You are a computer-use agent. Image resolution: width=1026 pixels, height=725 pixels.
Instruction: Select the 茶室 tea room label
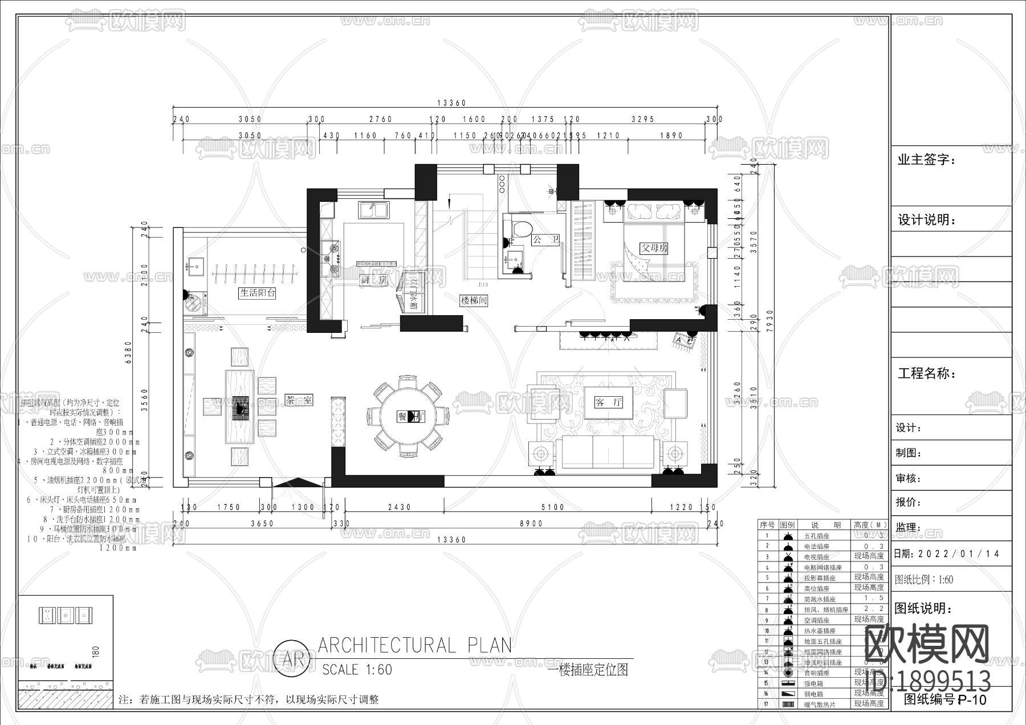[299, 401]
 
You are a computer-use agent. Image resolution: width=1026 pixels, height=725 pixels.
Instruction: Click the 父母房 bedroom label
[654, 249]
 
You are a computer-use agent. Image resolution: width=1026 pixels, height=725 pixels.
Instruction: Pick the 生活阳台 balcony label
[257, 293]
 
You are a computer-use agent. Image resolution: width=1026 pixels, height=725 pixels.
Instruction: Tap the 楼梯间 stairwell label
[474, 300]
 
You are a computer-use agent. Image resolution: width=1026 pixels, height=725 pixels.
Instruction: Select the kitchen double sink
[373, 210]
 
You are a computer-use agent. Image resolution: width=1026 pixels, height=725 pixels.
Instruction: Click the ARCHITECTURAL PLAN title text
[414, 645]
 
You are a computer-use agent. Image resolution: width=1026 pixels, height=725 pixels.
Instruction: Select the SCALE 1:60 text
[357, 669]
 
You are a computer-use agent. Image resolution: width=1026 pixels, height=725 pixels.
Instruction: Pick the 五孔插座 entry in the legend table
[816, 536]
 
